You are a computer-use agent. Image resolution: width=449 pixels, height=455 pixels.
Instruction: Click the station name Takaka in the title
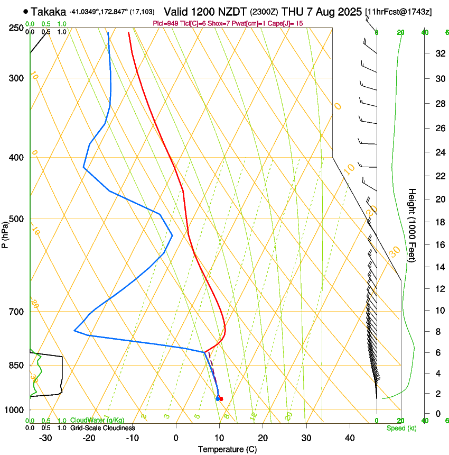click(x=49, y=12)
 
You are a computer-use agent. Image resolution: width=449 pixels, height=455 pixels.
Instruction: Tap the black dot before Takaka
click(x=25, y=11)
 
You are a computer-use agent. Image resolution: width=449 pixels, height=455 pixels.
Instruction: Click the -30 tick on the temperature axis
click(x=45, y=438)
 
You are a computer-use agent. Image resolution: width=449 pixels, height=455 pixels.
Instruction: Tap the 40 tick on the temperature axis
click(x=349, y=438)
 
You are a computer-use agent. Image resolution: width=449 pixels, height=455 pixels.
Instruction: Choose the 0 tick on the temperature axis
click(x=176, y=438)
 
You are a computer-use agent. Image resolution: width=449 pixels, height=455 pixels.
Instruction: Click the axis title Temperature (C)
click(x=227, y=449)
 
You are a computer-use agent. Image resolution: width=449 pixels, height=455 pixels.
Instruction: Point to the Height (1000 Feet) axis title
click(x=412, y=225)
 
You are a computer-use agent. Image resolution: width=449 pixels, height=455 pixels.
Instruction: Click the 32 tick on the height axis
click(x=438, y=53)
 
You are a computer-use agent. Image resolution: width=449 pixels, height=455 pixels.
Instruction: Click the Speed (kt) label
click(x=401, y=427)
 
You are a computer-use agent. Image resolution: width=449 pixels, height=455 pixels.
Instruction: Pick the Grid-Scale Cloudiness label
click(x=102, y=427)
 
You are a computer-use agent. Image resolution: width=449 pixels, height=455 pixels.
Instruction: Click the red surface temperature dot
click(x=221, y=398)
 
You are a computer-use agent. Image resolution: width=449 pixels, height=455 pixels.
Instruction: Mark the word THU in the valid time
click(x=292, y=12)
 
